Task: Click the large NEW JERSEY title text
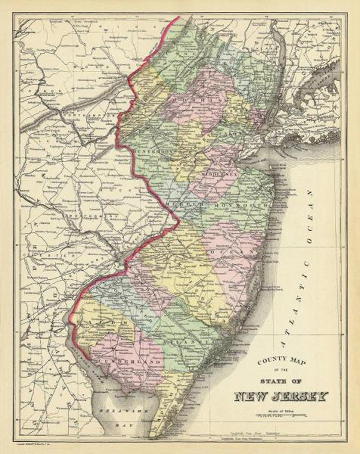(x=281, y=397)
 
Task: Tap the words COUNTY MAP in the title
(x=278, y=362)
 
